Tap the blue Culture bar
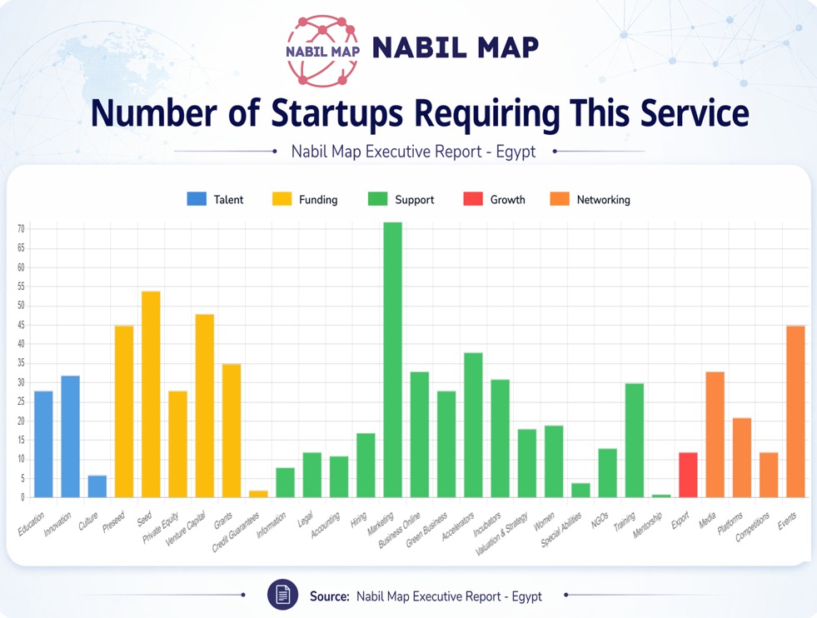click(97, 486)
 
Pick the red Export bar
click(687, 475)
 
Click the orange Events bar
click(795, 411)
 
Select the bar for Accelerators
click(473, 425)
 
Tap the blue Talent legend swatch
click(197, 200)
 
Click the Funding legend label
click(318, 200)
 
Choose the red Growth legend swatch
click(473, 200)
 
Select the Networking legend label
click(603, 200)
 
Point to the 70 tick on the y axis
click(21, 229)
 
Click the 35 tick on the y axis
click(21, 364)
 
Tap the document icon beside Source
click(282, 596)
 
